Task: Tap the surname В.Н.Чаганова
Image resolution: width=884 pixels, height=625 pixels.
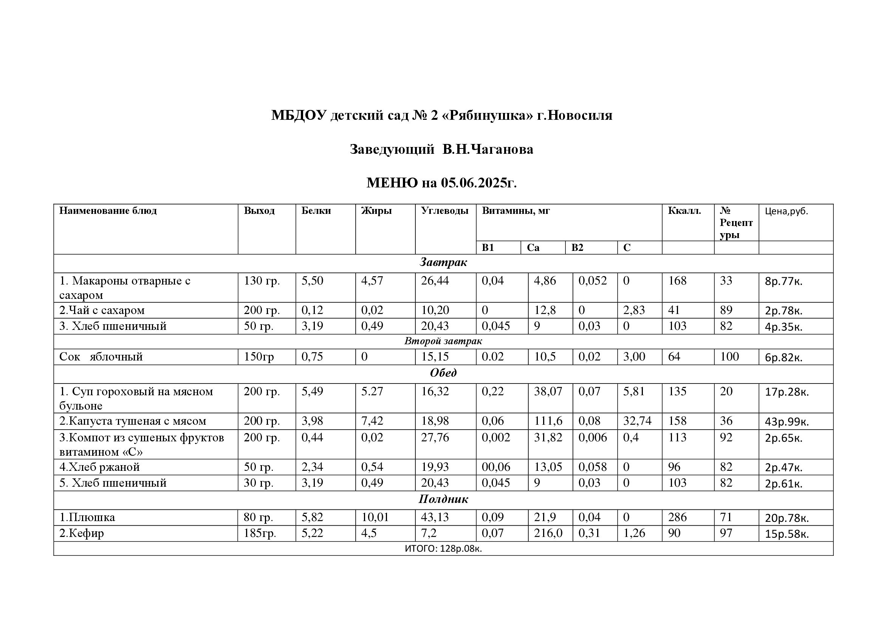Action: coord(488,149)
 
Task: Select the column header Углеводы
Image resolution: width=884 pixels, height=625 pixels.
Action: coord(444,211)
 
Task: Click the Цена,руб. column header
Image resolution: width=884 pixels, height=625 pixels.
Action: coord(786,211)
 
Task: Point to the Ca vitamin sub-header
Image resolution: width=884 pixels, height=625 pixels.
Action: coord(533,248)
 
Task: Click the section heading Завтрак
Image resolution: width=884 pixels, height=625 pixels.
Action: coord(443,263)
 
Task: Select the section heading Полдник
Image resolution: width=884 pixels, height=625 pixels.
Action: coord(443,500)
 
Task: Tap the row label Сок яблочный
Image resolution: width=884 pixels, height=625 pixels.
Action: coord(101,357)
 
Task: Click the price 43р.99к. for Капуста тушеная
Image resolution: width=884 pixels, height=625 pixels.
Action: coord(786,422)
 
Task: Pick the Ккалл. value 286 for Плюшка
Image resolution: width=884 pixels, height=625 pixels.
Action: coord(677,517)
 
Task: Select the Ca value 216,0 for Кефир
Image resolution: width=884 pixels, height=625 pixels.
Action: coord(548,534)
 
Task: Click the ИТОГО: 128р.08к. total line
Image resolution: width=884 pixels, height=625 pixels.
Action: coord(443,549)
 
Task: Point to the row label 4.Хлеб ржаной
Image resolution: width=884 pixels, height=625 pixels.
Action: coord(99,467)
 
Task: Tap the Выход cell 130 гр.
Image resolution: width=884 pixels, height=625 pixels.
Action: coord(262,281)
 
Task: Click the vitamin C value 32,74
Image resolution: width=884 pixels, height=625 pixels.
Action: coord(637,421)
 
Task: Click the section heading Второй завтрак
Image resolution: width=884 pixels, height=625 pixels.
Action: coord(443,341)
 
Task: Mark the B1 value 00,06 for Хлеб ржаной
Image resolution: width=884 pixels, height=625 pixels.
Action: coord(496,467)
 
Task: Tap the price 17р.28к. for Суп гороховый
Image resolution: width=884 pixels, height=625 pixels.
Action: coord(786,392)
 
